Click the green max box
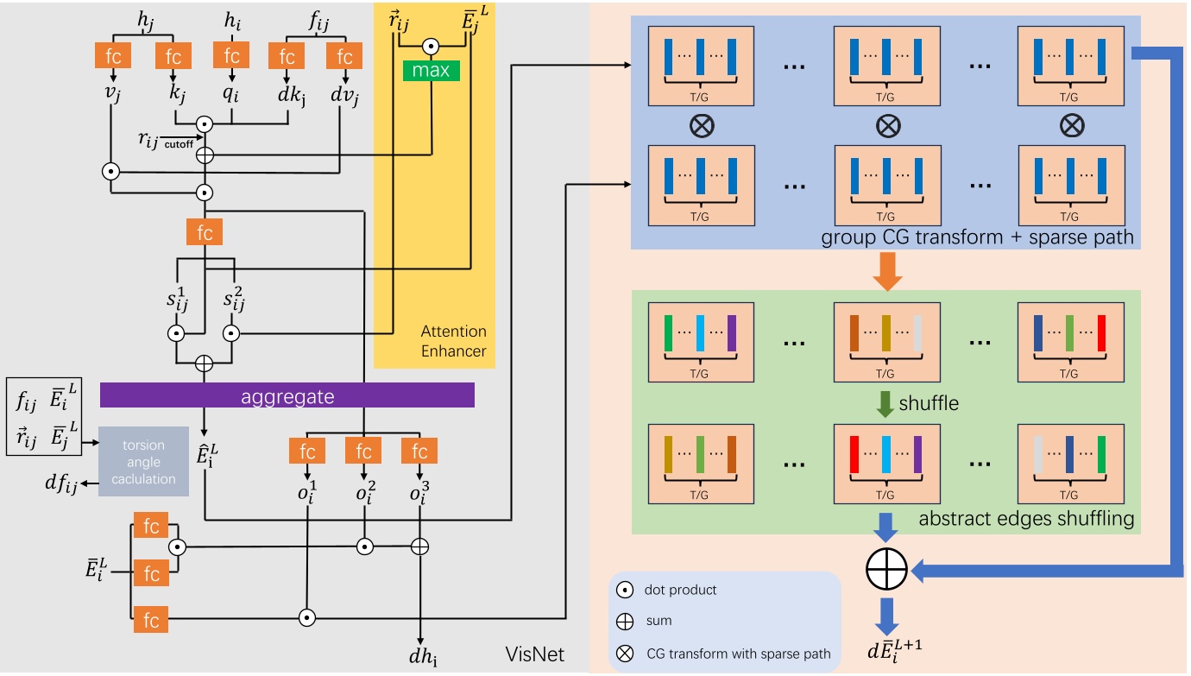(x=430, y=70)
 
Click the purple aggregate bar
(x=287, y=395)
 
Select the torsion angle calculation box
(x=143, y=461)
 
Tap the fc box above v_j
(x=113, y=57)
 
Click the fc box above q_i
(x=231, y=57)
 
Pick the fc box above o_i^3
(x=419, y=451)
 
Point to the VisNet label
(x=535, y=654)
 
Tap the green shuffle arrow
(x=885, y=403)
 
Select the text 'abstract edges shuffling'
(x=1025, y=519)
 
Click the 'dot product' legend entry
(x=680, y=591)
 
